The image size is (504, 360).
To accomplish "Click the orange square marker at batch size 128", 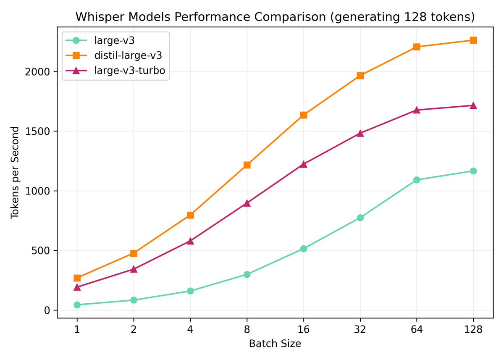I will tap(473, 40).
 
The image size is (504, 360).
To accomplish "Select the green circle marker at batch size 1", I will tap(77, 305).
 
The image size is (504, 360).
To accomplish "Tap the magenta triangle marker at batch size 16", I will tap(303, 164).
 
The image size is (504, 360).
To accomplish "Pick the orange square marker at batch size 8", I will tap(247, 165).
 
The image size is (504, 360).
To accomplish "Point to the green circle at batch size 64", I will tap(417, 180).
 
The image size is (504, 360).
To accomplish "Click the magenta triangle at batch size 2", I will tap(134, 269).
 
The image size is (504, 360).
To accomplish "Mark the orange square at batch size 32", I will tap(360, 76).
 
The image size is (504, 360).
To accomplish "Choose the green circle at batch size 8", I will tap(247, 274).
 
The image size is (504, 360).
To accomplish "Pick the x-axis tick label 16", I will tap(303, 329).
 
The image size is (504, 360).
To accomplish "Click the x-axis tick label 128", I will tap(473, 329).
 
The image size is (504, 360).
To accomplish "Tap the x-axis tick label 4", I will tap(190, 329).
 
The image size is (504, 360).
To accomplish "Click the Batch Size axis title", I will tap(275, 344).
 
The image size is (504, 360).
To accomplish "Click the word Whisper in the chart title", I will tap(99, 18).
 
